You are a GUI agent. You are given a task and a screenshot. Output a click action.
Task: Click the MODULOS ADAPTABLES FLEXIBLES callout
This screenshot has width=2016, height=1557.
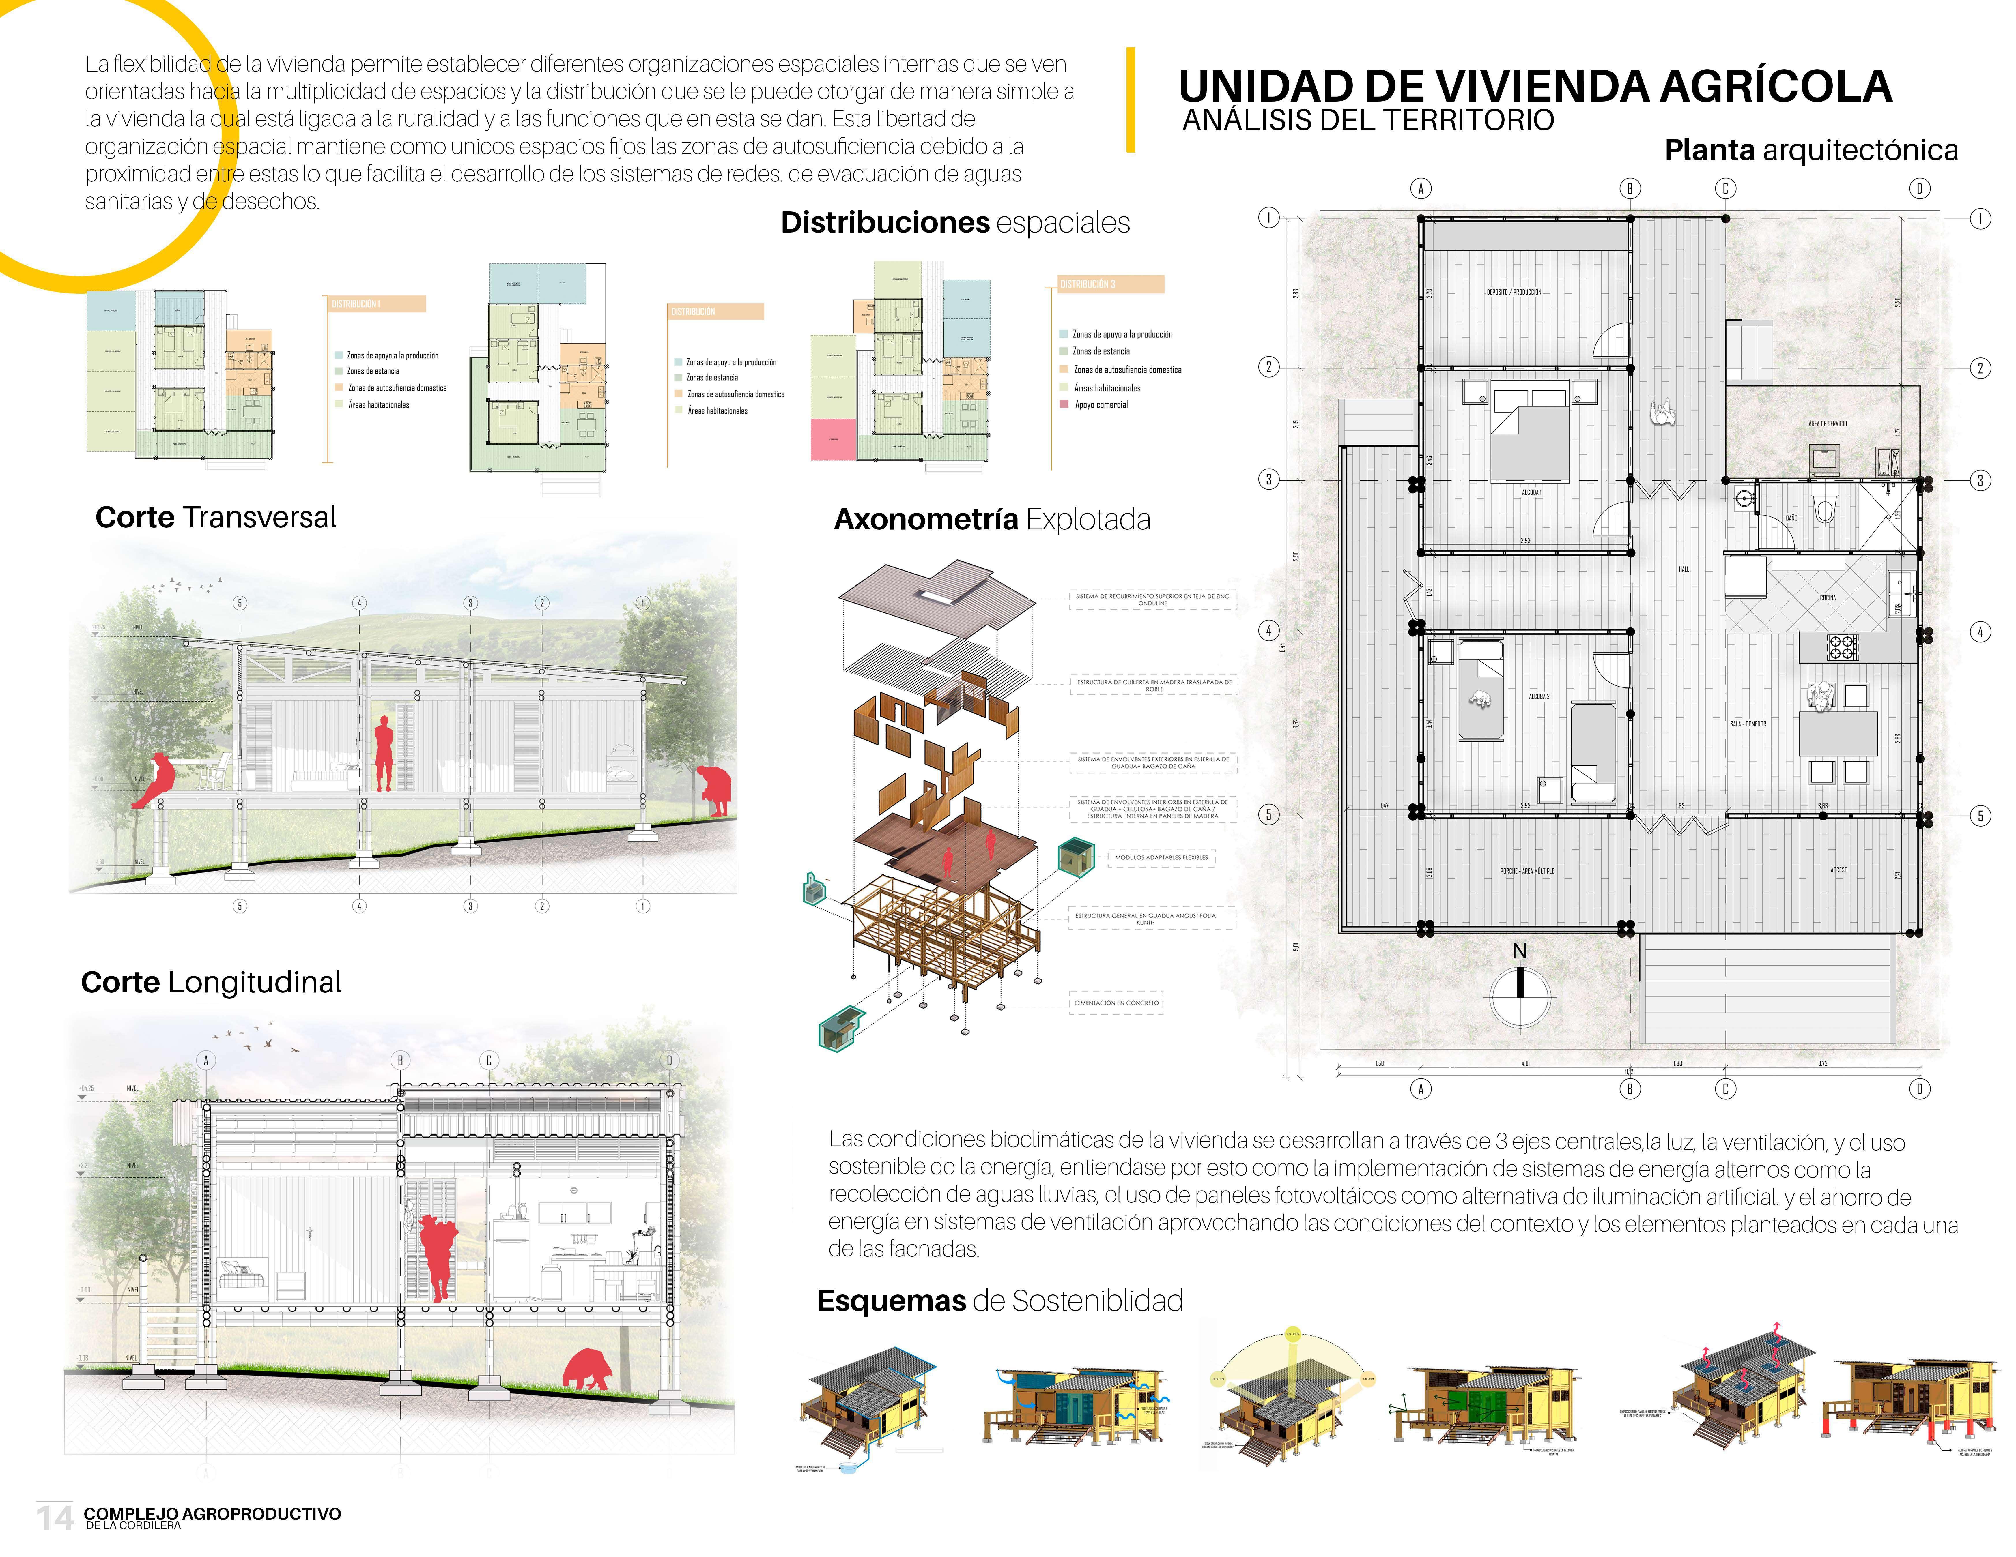pos(1161,857)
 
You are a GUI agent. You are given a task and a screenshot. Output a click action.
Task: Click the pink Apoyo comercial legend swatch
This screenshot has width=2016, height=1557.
pos(1064,404)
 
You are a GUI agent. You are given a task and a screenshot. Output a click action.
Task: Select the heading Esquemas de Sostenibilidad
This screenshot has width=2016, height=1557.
pos(1000,1301)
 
